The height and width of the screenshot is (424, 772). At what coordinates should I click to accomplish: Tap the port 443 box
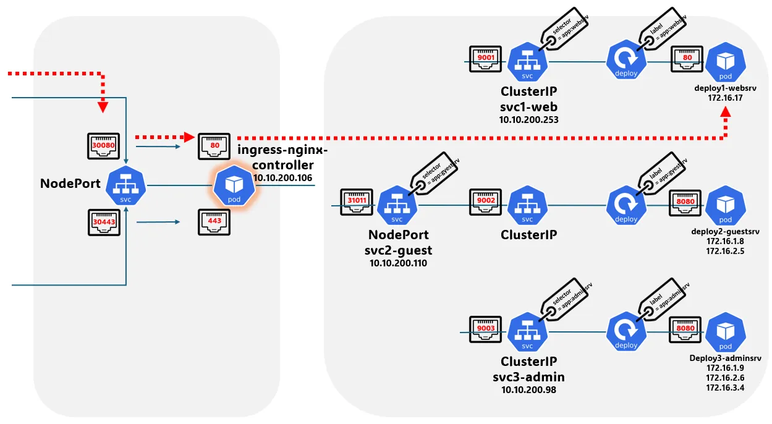214,221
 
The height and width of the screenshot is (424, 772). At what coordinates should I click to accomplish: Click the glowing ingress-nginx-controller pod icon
234,185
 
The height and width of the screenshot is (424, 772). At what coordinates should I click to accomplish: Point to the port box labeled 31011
357,201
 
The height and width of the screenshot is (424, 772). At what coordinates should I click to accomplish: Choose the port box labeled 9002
486,201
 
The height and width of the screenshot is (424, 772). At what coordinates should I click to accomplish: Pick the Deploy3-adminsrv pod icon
725,333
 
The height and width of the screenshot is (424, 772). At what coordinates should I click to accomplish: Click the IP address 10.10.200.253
528,119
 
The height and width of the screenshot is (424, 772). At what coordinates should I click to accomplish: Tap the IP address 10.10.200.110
398,263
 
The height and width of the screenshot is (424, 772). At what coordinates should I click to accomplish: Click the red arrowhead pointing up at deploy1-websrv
726,113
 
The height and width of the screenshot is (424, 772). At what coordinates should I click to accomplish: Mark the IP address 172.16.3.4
725,388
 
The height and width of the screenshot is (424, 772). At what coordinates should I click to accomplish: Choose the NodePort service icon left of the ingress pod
125,185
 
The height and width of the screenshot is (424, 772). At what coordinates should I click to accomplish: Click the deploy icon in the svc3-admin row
627,333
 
